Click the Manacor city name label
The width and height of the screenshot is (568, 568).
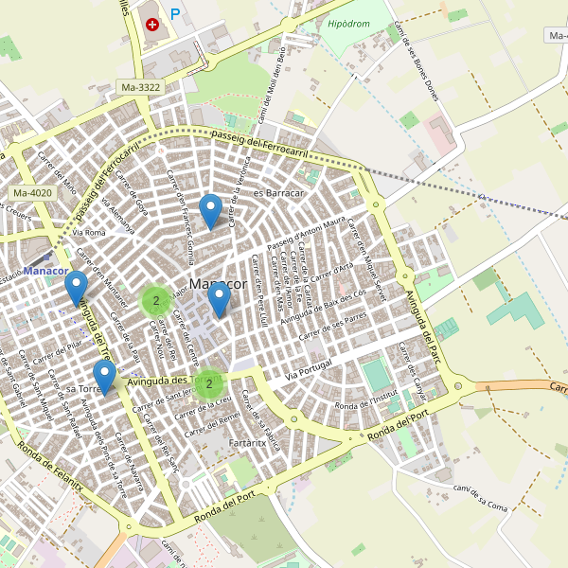coord(218,283)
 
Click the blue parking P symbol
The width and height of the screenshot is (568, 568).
coord(175,14)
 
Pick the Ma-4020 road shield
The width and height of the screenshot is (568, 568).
coord(33,193)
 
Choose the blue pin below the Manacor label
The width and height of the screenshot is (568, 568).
coord(219,300)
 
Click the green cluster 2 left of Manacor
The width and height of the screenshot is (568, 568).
coord(155,301)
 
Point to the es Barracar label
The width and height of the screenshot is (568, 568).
coord(277,193)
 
